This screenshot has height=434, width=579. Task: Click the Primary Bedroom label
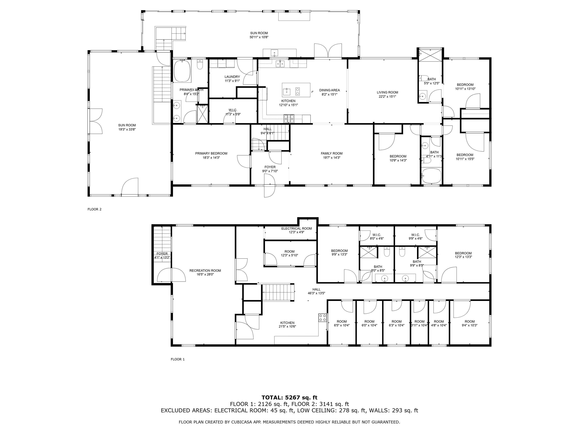coord(211,154)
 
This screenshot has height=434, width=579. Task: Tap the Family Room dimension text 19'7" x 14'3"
coord(332,158)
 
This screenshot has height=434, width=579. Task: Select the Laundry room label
coord(232,77)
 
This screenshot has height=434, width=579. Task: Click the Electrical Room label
coord(296,228)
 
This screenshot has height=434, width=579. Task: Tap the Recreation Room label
coord(205,270)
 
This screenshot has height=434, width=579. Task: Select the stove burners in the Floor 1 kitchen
coord(322,318)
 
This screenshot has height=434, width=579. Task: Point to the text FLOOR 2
coord(94,209)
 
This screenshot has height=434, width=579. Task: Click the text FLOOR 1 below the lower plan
coord(178,359)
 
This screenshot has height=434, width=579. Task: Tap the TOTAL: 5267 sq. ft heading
coord(289,398)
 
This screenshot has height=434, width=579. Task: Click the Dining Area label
coord(329,90)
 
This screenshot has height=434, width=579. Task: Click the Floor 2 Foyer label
coord(270,167)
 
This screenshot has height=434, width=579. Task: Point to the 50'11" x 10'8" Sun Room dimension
coord(259,37)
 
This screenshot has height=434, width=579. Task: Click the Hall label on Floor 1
coord(316,289)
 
